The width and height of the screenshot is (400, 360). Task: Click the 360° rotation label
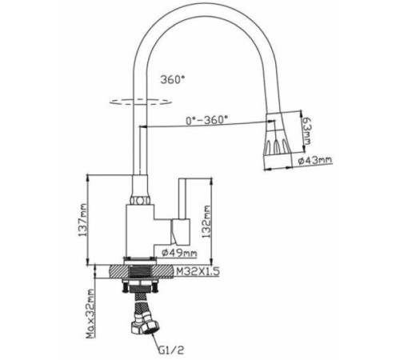tap(172, 80)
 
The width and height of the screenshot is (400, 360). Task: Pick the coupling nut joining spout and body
tap(141, 195)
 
